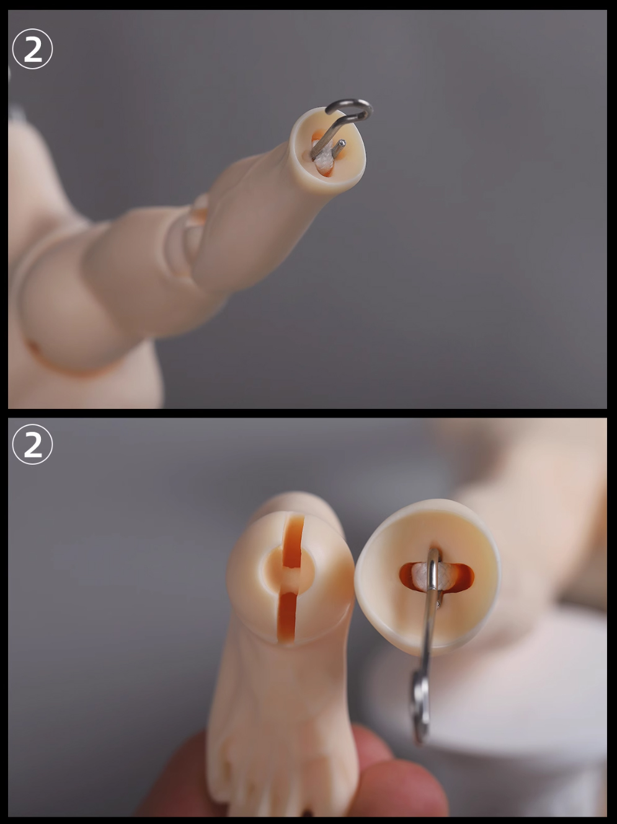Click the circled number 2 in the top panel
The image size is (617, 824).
coord(32,49)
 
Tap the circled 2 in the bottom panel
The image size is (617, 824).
coord(32,444)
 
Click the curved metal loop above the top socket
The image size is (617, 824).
coord(352,109)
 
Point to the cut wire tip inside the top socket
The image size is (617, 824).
coord(342,142)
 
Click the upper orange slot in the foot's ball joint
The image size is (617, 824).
coord(293,541)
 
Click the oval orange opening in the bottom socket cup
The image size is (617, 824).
coord(437,577)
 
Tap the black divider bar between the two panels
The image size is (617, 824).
coord(308,413)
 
